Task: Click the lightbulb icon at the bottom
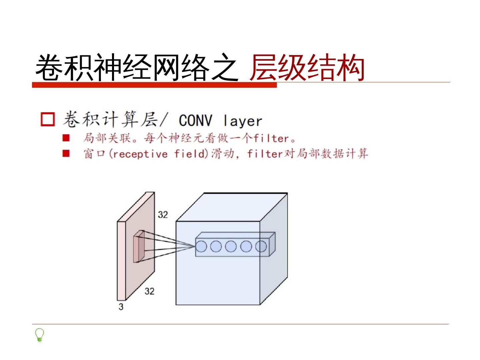click(40, 335)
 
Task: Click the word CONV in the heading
click(195, 120)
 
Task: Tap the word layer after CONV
click(243, 121)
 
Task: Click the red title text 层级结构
click(307, 68)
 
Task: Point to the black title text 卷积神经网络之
click(137, 68)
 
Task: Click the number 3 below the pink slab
click(121, 307)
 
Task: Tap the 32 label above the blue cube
click(163, 215)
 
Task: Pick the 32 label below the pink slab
click(149, 291)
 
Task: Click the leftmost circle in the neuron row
click(201, 246)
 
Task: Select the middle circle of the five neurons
click(231, 246)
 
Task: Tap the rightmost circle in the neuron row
click(261, 246)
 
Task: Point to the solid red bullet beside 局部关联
click(66, 138)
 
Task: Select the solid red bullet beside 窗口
click(66, 154)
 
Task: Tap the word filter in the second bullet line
click(265, 154)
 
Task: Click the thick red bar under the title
click(154, 85)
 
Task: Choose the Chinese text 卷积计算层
click(110, 120)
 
